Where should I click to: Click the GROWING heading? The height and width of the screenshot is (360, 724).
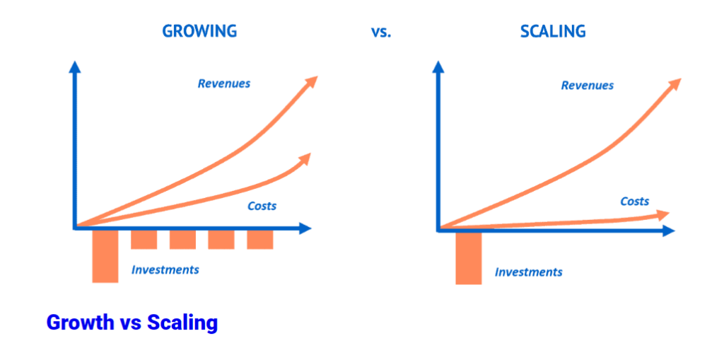[x=199, y=31]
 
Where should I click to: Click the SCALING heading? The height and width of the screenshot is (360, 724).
[x=553, y=31]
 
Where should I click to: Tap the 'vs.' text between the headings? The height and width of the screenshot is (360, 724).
[x=380, y=32]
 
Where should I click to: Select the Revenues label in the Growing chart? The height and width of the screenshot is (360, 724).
[x=224, y=83]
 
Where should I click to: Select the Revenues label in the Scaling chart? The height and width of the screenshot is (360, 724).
[x=587, y=86]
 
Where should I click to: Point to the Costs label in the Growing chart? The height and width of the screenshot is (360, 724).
[x=262, y=207]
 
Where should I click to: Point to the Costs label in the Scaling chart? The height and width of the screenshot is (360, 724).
[x=634, y=202]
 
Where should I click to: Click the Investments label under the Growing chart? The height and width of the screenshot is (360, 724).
[x=165, y=269]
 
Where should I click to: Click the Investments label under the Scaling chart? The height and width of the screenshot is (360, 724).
[x=528, y=272]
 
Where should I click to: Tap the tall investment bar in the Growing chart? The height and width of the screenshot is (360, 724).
[x=105, y=255]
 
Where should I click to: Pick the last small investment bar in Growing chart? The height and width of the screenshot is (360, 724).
[x=259, y=239]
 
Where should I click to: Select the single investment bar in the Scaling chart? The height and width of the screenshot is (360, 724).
[x=468, y=257]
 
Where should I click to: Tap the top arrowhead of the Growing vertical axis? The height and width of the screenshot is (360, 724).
[x=74, y=67]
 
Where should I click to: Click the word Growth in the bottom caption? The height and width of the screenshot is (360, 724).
[x=80, y=323]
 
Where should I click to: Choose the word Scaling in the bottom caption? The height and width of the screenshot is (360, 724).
[x=182, y=323]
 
